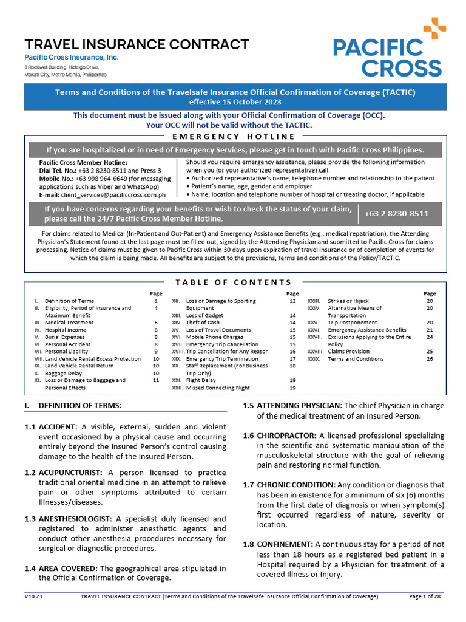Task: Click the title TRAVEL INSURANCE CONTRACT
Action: (137, 44)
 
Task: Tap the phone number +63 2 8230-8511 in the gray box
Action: (396, 214)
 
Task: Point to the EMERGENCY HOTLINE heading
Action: (233, 137)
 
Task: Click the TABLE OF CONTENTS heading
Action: (233, 282)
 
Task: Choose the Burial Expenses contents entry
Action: (64, 337)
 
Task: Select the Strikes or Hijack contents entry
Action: (348, 301)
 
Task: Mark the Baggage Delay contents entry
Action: (64, 373)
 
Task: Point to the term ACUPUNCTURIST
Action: (70, 473)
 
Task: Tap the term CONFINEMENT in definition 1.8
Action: (285, 544)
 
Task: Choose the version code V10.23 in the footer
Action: (34, 597)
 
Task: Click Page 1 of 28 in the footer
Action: (425, 597)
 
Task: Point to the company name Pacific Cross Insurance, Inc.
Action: (71, 57)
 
